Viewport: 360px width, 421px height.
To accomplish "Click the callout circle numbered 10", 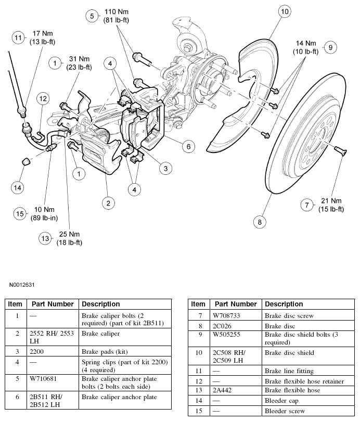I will point(284,11).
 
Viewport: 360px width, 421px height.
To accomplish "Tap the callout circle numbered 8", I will point(259,222).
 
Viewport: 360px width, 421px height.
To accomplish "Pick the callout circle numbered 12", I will point(43,98).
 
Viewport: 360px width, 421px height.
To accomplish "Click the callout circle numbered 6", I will point(189,147).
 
